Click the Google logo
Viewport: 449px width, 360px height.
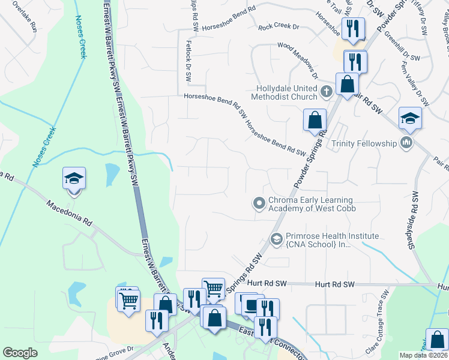(x=20, y=353)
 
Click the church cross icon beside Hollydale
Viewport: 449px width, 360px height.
(x=326, y=92)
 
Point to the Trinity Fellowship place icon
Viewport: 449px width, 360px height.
(x=406, y=142)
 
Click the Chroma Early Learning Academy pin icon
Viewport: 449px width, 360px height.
(x=259, y=204)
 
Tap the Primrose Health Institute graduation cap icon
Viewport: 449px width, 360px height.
(x=277, y=239)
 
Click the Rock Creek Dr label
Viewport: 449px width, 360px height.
(x=279, y=27)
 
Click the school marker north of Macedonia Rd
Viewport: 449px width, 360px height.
(x=74, y=179)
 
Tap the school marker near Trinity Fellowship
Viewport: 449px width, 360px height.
(x=410, y=118)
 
